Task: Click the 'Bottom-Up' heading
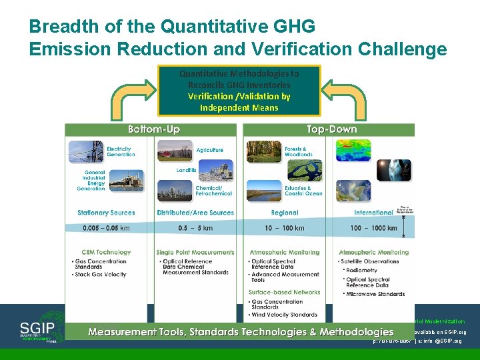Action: [154, 129]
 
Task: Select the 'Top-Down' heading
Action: [331, 129]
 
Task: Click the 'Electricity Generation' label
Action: [121, 151]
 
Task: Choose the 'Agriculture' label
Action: [210, 151]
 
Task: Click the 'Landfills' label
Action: [187, 171]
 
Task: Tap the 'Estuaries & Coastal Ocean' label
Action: [303, 191]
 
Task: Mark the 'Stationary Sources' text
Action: [106, 213]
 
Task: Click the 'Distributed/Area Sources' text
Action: [195, 213]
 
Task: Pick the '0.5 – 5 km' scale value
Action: [195, 228]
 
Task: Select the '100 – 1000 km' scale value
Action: [373, 228]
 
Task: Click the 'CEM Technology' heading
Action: [106, 253]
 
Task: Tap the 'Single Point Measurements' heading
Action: [195, 253]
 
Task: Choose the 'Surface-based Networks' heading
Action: [285, 292]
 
